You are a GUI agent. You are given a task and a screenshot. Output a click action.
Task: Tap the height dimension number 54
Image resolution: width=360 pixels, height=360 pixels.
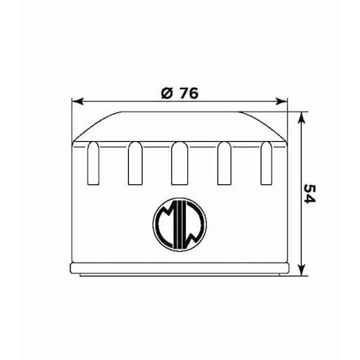coord(310,194)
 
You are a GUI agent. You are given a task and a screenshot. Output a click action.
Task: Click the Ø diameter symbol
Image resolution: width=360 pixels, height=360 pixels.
coord(166,92)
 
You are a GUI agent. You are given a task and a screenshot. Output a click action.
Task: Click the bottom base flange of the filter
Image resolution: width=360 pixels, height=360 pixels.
coord(180,269)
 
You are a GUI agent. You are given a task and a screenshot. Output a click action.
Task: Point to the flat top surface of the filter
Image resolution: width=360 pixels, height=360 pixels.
coord(180,114)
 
